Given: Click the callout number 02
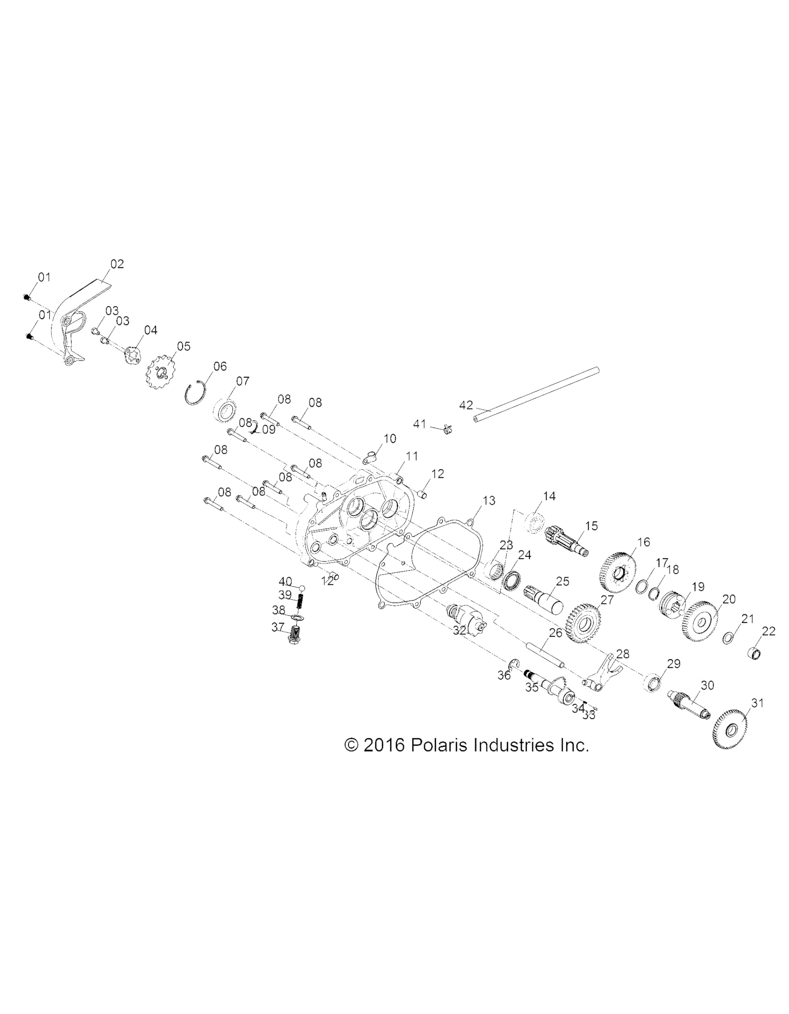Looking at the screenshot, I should tap(117, 264).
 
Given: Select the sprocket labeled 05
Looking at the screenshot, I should tap(160, 372).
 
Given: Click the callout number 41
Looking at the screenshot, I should tap(419, 424).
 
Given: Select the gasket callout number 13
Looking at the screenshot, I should tap(489, 501).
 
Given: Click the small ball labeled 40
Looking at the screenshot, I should tap(302, 588).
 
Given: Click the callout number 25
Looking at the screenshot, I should tap(563, 581).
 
